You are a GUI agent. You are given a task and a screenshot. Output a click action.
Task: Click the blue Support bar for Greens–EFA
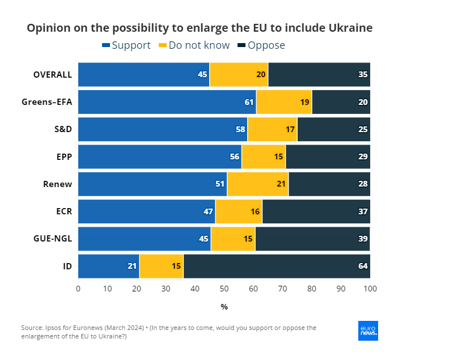[x=167, y=102]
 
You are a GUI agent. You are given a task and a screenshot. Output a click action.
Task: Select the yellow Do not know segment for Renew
[x=257, y=184]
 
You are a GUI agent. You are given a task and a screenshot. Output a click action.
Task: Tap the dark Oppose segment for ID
[x=277, y=266]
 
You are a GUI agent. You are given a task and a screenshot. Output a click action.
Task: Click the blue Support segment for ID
[x=108, y=266]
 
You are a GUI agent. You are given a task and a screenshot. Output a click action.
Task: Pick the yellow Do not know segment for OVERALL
[x=239, y=74]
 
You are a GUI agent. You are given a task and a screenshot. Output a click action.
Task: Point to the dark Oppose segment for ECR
[x=316, y=211]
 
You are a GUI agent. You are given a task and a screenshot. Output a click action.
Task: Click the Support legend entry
[x=126, y=45]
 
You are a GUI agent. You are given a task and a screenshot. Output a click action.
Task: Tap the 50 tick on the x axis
[x=224, y=289]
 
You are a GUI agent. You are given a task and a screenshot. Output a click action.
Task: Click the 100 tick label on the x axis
[x=370, y=289]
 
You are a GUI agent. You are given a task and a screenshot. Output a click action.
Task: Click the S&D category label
[x=62, y=129]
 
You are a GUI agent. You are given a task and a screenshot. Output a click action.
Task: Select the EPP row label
[x=63, y=156]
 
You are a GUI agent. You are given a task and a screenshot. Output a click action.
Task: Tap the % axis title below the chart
[x=224, y=307]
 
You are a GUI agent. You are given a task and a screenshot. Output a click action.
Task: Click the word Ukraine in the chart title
[x=350, y=28]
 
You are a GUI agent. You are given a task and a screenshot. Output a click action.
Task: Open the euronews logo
[x=368, y=331]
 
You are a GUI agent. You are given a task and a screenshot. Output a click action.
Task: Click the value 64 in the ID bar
[x=363, y=266]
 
